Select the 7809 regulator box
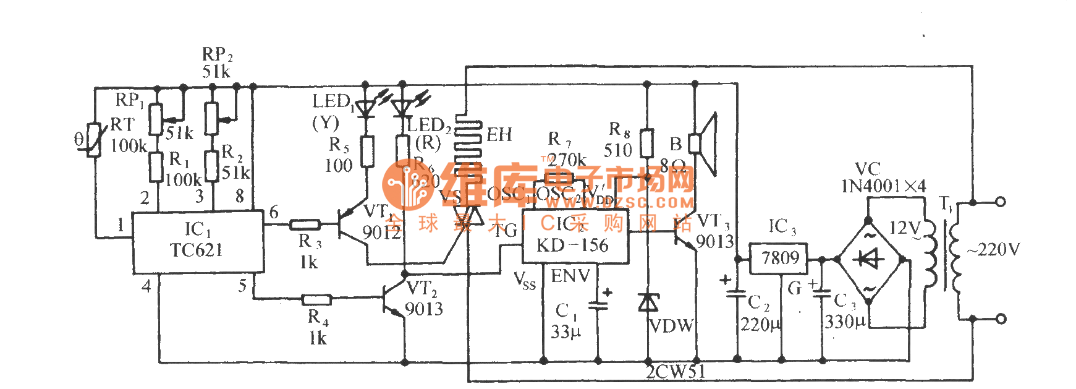pos(779,259)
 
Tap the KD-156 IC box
pos(574,236)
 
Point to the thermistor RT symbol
pos(93,140)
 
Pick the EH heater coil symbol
pos(468,148)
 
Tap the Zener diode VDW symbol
pos(648,302)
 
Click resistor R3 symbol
pos(305,224)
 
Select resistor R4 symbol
pos(317,300)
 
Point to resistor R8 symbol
pos(647,143)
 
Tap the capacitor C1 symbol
pos(598,304)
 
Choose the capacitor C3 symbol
pos(822,294)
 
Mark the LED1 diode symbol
pos(366,109)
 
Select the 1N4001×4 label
pos(883,186)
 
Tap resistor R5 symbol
pos(367,152)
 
